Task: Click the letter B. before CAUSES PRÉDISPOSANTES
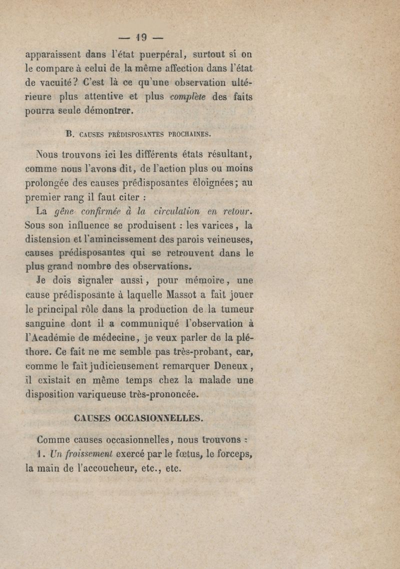tap(69, 134)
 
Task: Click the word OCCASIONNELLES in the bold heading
tap(159, 418)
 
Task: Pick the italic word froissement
tap(82, 455)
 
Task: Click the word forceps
tap(232, 455)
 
